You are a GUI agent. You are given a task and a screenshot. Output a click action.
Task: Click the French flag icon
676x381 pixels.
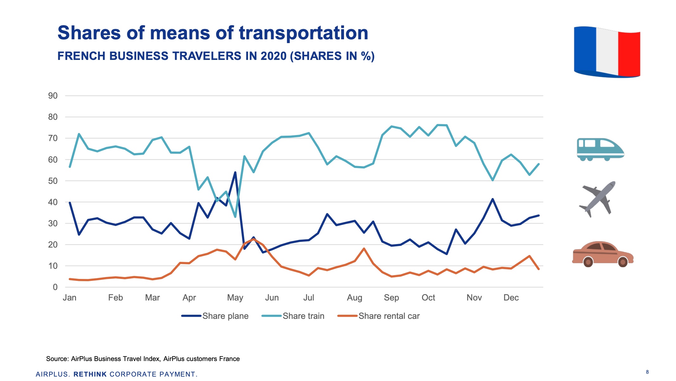pyautogui.click(x=607, y=52)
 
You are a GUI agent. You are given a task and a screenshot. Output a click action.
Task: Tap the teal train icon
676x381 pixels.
pyautogui.click(x=600, y=149)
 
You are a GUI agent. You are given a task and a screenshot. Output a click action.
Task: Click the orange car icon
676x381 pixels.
pyautogui.click(x=602, y=255)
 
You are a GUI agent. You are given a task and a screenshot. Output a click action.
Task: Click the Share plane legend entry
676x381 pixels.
pyautogui.click(x=215, y=316)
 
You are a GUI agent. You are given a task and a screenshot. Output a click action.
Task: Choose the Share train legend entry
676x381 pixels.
pyautogui.click(x=293, y=316)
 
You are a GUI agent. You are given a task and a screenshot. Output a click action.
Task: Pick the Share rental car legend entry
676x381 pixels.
pyautogui.click(x=379, y=316)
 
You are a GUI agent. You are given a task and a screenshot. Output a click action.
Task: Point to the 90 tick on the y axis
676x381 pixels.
pyautogui.click(x=53, y=96)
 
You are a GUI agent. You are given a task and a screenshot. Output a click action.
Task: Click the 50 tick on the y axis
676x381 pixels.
pyautogui.click(x=53, y=181)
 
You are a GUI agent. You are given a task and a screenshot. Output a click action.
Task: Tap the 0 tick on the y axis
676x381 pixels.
pyautogui.click(x=55, y=287)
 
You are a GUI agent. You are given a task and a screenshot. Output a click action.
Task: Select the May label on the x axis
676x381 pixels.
pyautogui.click(x=235, y=298)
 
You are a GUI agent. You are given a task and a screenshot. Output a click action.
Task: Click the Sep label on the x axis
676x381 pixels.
pyautogui.click(x=391, y=298)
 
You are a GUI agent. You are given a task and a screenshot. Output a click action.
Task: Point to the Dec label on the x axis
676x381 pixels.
pyautogui.click(x=511, y=298)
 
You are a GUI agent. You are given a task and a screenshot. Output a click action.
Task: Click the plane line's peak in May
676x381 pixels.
pyautogui.click(x=235, y=172)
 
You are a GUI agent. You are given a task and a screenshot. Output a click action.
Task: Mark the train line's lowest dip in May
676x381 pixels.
pyautogui.click(x=235, y=217)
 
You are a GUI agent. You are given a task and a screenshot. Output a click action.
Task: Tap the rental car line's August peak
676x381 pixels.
pyautogui.click(x=364, y=249)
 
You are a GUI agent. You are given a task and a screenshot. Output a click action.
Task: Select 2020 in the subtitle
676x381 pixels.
pyautogui.click(x=273, y=56)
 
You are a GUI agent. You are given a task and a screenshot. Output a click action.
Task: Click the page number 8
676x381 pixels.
pyautogui.click(x=647, y=372)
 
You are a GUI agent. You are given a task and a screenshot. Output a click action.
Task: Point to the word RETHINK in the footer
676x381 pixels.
pyautogui.click(x=90, y=374)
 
